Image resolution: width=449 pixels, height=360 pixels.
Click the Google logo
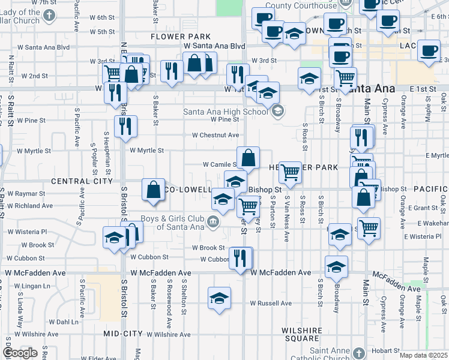(x=20, y=353)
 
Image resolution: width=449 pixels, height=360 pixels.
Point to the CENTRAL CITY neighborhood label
(x=82, y=181)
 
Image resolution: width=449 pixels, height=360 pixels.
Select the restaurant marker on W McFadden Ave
(x=241, y=259)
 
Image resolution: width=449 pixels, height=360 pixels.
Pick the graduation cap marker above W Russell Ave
(x=220, y=298)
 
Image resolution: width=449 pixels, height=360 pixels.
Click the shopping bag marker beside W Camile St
(x=248, y=158)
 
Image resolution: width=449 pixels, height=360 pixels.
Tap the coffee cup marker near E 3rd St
(x=430, y=51)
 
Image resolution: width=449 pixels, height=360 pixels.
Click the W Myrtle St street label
(x=146, y=151)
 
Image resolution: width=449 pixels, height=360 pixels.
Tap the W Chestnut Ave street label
(x=215, y=136)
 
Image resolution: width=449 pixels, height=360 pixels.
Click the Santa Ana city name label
(x=372, y=89)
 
